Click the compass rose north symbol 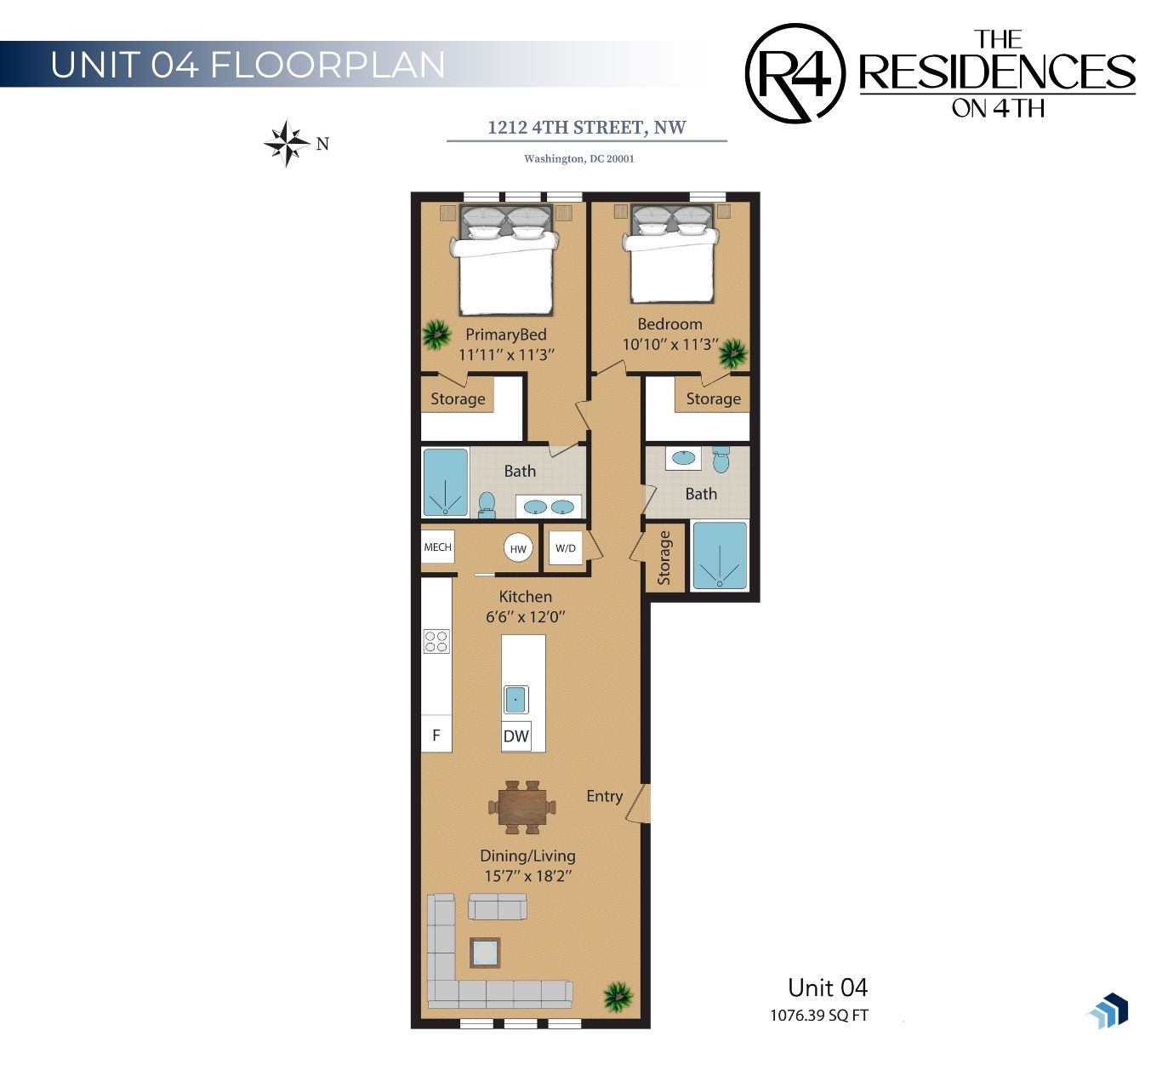click(288, 143)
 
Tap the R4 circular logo click(795, 73)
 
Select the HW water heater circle click(518, 548)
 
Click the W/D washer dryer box click(566, 548)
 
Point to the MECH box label click(437, 547)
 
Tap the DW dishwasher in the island click(516, 736)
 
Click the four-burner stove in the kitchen click(436, 641)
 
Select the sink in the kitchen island click(515, 699)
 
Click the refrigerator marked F click(436, 735)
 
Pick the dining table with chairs click(522, 807)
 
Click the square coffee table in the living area click(484, 952)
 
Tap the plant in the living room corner click(618, 997)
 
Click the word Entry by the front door click(604, 797)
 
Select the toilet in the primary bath click(487, 505)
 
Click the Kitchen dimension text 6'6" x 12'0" click(526, 617)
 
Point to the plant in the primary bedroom click(436, 335)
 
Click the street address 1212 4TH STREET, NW click(587, 128)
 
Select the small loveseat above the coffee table click(498, 907)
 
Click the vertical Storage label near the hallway click(664, 558)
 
